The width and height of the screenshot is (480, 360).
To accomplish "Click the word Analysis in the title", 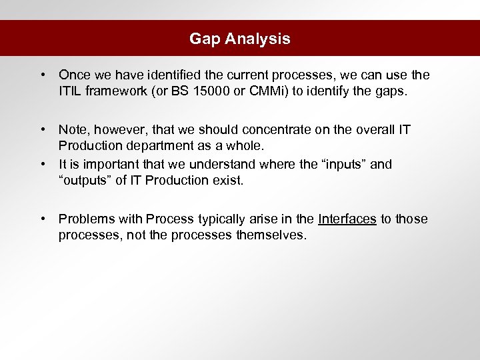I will pos(257,39).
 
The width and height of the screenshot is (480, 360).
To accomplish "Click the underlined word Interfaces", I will pos(347,219).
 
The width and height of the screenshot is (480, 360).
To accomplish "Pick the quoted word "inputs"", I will pos(341,164).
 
